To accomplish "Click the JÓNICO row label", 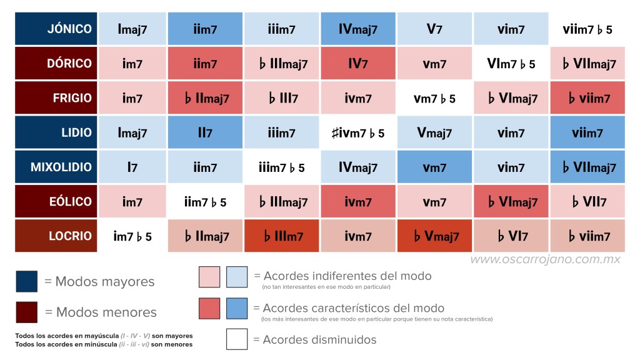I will pyautogui.click(x=56, y=29).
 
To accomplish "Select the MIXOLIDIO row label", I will pyautogui.click(x=56, y=167).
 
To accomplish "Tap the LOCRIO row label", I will pyautogui.click(x=56, y=236).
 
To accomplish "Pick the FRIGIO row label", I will pyautogui.click(x=56, y=98).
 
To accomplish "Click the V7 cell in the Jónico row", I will pyautogui.click(x=434, y=29).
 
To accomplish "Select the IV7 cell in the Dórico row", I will pyautogui.click(x=358, y=63).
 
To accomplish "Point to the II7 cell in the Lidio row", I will pyautogui.click(x=205, y=132).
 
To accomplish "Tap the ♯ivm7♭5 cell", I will pyautogui.click(x=358, y=132).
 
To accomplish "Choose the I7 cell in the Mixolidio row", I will pyautogui.click(x=132, y=167).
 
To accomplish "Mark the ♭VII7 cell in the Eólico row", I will pyautogui.click(x=587, y=202).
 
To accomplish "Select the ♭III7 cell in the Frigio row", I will pyautogui.click(x=281, y=98).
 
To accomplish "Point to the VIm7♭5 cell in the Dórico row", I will pyautogui.click(x=511, y=63).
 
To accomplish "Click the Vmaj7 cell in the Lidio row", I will pyautogui.click(x=434, y=132).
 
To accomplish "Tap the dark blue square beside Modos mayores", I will pyautogui.click(x=26, y=281).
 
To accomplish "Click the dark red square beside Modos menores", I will pyautogui.click(x=26, y=312).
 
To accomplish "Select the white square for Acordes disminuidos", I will pyautogui.click(x=237, y=339).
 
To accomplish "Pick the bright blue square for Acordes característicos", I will pyautogui.click(x=237, y=308).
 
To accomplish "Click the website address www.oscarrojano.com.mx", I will pyautogui.click(x=545, y=259).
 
